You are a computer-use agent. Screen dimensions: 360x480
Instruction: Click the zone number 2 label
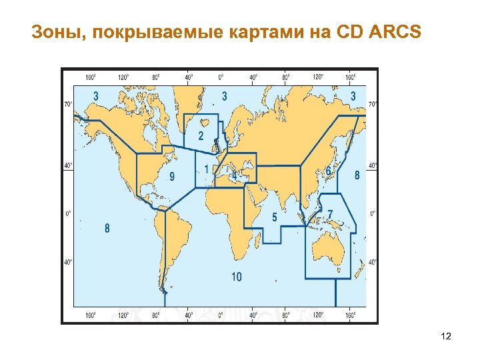click(201, 136)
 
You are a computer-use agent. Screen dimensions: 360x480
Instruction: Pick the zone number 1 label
click(207, 169)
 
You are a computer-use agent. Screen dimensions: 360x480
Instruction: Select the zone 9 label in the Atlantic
click(172, 177)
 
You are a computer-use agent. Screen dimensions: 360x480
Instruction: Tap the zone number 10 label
click(237, 277)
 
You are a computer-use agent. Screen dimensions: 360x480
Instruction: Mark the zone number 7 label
click(330, 213)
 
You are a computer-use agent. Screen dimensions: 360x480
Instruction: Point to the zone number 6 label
click(328, 171)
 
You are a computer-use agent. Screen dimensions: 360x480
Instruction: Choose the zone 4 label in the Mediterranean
click(234, 174)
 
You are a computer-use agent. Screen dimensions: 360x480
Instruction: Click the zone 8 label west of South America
click(107, 228)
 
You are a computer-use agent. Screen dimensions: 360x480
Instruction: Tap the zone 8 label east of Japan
click(357, 175)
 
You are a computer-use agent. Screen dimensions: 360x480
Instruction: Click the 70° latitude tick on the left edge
click(68, 104)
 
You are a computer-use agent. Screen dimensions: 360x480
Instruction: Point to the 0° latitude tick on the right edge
click(372, 214)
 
